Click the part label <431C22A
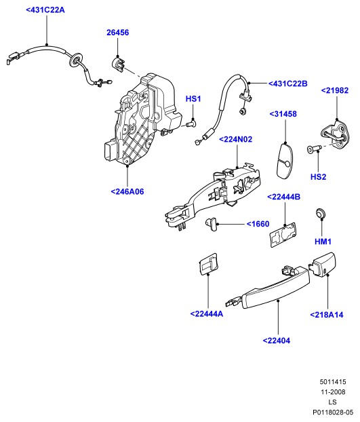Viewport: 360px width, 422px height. coord(45,10)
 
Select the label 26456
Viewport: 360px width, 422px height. coord(118,33)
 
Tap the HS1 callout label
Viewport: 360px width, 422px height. coord(193,99)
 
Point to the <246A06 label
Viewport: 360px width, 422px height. coord(127,191)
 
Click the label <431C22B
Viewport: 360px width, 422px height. coord(288,83)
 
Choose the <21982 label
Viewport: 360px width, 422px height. coord(335,90)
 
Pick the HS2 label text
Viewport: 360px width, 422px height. coord(319,177)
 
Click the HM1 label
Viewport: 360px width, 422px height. coord(323,242)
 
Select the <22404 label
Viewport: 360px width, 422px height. coord(277,341)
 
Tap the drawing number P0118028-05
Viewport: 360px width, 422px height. coord(333,413)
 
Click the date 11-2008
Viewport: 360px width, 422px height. coord(333,392)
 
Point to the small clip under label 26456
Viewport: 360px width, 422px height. coord(118,64)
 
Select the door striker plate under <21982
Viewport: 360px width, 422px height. coord(336,134)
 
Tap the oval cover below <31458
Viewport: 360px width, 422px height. coord(285,161)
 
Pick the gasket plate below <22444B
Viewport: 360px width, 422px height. coord(283,235)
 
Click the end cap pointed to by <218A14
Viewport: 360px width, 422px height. coord(323,265)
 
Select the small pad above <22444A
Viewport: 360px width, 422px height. coord(208,264)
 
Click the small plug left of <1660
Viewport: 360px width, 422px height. coord(211,224)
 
